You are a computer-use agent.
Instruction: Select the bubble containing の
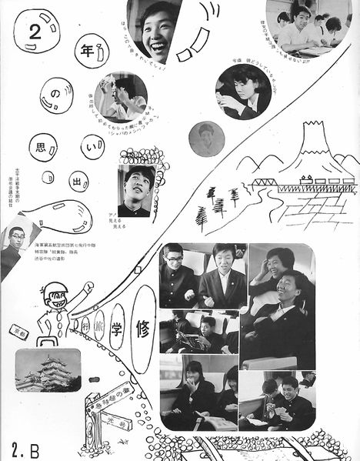[55, 93]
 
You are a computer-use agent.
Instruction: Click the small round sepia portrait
[206, 139]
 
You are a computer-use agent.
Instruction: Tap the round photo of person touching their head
[122, 98]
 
